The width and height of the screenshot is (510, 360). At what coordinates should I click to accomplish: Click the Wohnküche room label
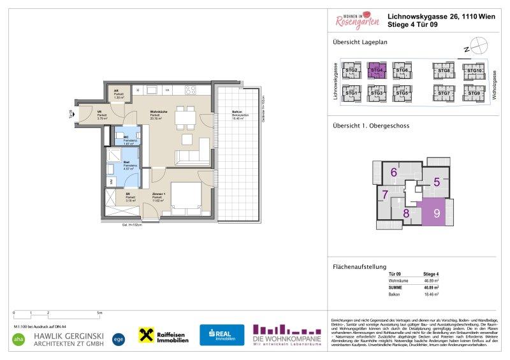(x=159, y=115)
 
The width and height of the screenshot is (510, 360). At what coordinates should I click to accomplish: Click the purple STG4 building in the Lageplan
(x=375, y=71)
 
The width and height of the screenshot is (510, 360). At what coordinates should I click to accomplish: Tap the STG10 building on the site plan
(x=474, y=71)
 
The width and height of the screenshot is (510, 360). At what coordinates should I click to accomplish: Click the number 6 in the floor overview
(x=394, y=172)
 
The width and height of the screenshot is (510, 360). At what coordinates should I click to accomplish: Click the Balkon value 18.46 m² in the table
(x=431, y=295)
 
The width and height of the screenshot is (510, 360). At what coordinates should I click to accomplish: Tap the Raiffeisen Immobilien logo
(x=164, y=335)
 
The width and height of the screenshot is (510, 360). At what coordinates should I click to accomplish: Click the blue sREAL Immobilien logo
(x=222, y=335)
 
